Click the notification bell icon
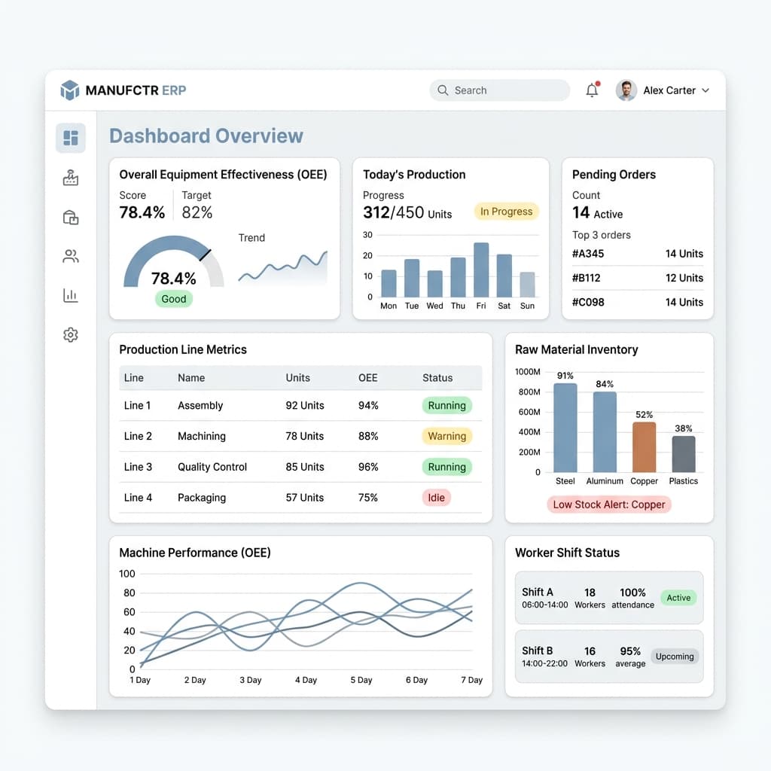pos(592,90)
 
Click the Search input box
pos(500,90)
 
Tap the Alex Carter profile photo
pos(626,90)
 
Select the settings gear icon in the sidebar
pos(71,334)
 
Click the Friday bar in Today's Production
pos(481,270)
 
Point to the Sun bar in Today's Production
pos(527,284)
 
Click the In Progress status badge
pos(506,212)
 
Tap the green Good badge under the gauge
pos(174,299)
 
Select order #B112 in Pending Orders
pos(586,278)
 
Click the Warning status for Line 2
pos(446,436)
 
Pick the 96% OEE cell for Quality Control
pos(368,467)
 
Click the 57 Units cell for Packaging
pos(305,498)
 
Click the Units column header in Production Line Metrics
pos(298,378)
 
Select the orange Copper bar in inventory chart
pos(645,447)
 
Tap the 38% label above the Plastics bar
pos(684,428)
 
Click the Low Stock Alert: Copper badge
pos(608,504)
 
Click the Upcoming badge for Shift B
pos(675,657)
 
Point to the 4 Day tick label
pos(306,680)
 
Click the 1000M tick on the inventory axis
pos(528,372)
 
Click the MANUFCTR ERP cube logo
pos(70,90)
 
